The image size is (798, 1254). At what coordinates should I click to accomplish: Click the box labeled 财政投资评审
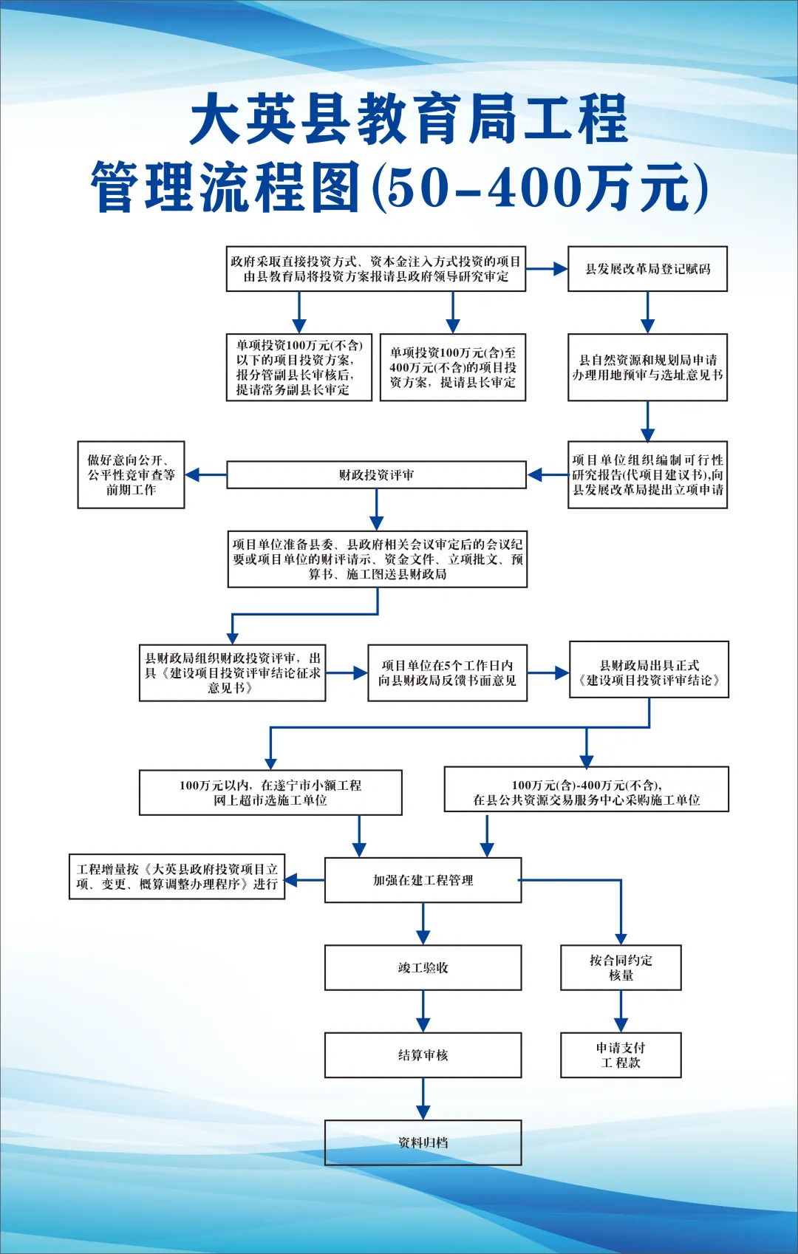(x=376, y=475)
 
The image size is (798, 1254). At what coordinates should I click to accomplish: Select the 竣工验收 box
(x=423, y=967)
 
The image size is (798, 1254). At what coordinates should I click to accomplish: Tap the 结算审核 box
(x=423, y=1054)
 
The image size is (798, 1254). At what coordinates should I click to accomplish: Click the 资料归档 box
(x=423, y=1142)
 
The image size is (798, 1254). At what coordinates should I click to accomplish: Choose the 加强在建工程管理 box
(x=423, y=880)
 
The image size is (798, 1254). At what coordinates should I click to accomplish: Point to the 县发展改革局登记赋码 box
(x=647, y=269)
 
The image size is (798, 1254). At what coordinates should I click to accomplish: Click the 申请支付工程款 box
(x=621, y=1054)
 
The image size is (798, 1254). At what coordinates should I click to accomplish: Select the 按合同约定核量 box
(x=621, y=967)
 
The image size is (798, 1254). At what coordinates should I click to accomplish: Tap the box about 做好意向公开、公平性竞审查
(x=131, y=475)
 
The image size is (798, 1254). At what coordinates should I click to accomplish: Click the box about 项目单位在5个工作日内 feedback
(x=447, y=672)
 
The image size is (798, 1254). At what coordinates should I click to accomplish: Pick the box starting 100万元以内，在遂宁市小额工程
(x=270, y=793)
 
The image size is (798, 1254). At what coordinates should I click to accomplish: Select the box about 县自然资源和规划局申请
(x=647, y=367)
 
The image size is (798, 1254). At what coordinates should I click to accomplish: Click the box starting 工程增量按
(x=177, y=876)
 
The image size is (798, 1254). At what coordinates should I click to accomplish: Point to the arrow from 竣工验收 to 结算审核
(x=423, y=1011)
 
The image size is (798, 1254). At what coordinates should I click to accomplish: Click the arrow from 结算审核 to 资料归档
(x=423, y=1098)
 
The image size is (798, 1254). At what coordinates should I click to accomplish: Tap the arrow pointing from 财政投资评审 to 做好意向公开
(x=205, y=475)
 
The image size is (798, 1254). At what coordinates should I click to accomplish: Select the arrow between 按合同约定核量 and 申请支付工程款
(x=621, y=1011)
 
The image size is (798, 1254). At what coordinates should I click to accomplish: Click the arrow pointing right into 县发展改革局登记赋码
(x=547, y=269)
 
